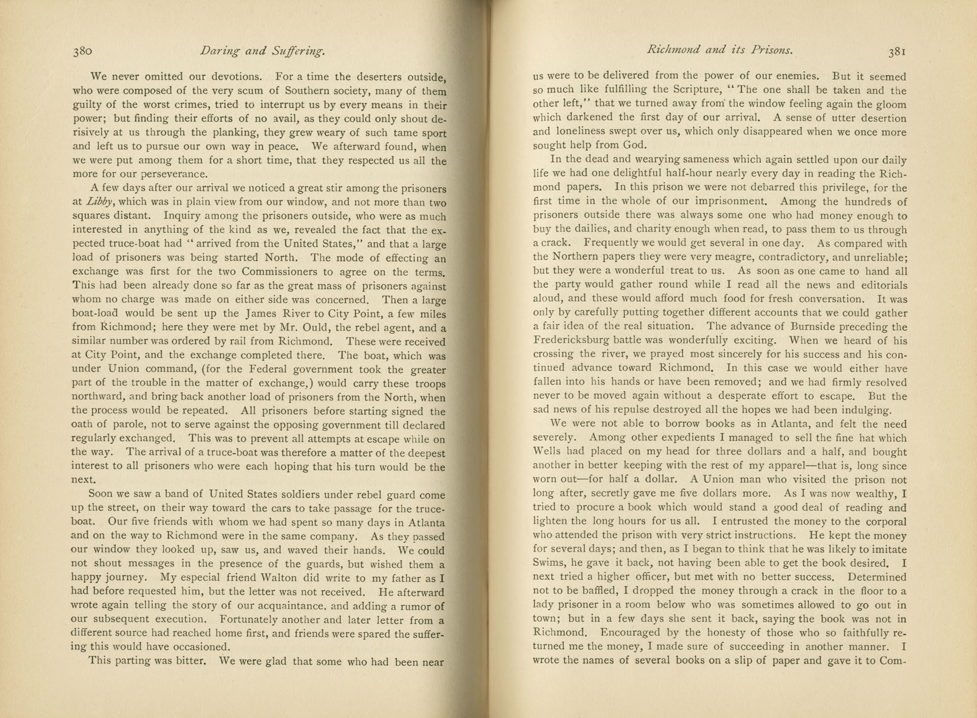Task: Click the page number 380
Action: [82, 51]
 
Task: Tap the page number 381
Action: [897, 51]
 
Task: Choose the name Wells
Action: [548, 451]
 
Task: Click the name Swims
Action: [549, 563]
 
